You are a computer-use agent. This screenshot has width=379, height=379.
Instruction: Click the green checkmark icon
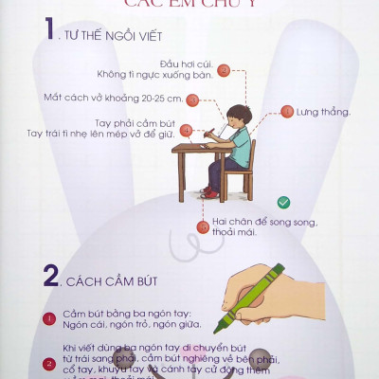pos(282,202)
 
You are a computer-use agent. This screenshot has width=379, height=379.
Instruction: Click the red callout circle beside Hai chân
pos(203,226)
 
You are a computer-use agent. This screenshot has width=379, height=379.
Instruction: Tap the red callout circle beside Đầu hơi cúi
pos(224,69)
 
